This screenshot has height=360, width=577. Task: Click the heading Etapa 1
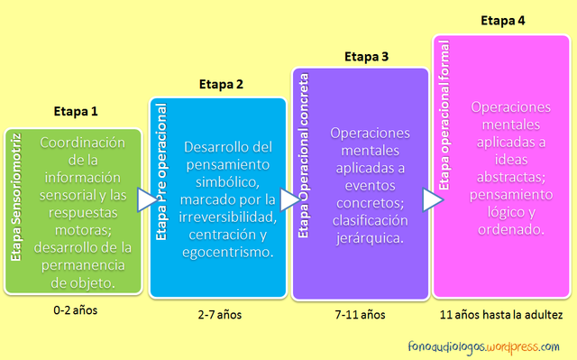[x=76, y=113]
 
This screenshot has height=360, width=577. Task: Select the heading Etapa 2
[x=221, y=85]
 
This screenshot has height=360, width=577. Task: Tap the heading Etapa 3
[x=366, y=57]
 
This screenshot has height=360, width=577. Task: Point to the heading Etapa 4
[x=503, y=20]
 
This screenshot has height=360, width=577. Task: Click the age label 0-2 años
[x=76, y=310]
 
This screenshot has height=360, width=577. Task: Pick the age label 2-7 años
[x=220, y=315]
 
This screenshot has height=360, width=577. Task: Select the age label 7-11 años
[x=361, y=315]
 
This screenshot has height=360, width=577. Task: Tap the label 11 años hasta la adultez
[x=501, y=315]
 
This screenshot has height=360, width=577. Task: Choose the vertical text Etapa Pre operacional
[x=161, y=170]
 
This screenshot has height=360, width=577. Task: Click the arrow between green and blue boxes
[x=145, y=200]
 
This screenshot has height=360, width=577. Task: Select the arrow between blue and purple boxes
[x=288, y=200]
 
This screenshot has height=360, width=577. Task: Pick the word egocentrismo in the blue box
[x=229, y=253]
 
